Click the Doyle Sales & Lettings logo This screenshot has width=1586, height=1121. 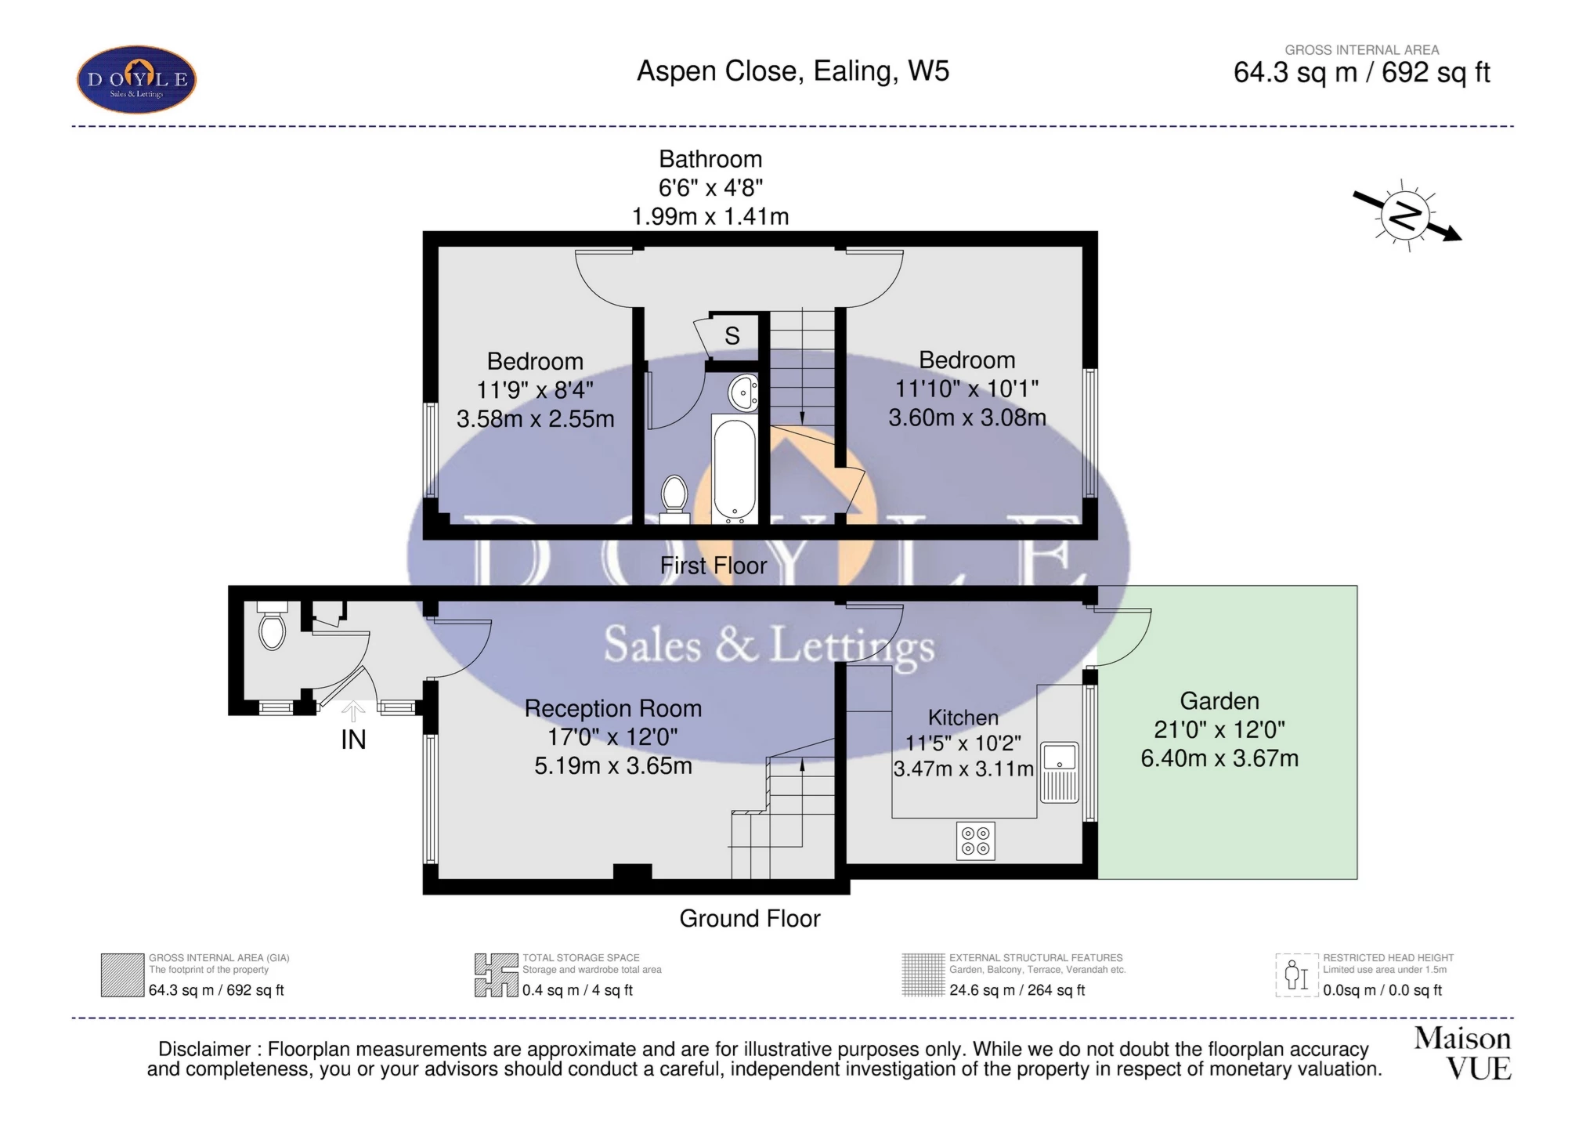(136, 80)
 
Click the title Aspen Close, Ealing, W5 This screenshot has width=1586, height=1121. (793, 71)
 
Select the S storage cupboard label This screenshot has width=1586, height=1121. (732, 336)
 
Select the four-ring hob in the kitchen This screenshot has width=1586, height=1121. (975, 841)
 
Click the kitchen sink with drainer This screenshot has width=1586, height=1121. (1060, 772)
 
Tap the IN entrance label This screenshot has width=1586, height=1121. (353, 739)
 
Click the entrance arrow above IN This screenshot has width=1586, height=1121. (353, 711)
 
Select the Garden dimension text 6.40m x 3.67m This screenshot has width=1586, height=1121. (1219, 758)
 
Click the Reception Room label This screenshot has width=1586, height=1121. (612, 708)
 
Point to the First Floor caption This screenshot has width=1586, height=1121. (713, 565)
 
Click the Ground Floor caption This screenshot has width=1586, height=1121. (750, 918)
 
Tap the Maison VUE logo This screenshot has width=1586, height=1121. (1462, 1054)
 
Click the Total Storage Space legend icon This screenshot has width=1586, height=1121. (496, 975)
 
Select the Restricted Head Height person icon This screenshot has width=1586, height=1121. (1296, 975)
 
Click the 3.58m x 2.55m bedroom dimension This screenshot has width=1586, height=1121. (535, 418)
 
